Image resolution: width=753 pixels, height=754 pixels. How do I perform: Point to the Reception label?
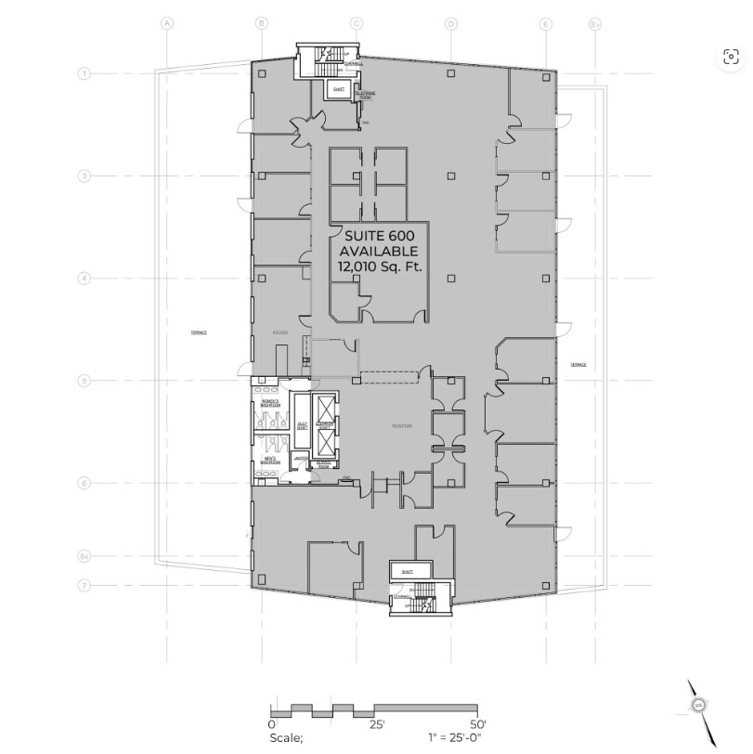coord(401,427)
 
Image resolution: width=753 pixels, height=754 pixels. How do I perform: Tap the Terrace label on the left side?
coord(198,331)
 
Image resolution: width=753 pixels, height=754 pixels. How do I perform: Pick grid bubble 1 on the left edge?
coord(84,72)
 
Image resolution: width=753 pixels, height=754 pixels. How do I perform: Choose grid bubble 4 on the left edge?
coord(84,278)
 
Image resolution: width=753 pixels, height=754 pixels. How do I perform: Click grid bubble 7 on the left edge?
coord(84,586)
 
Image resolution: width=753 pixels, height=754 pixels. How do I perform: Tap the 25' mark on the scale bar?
coord(377,723)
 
